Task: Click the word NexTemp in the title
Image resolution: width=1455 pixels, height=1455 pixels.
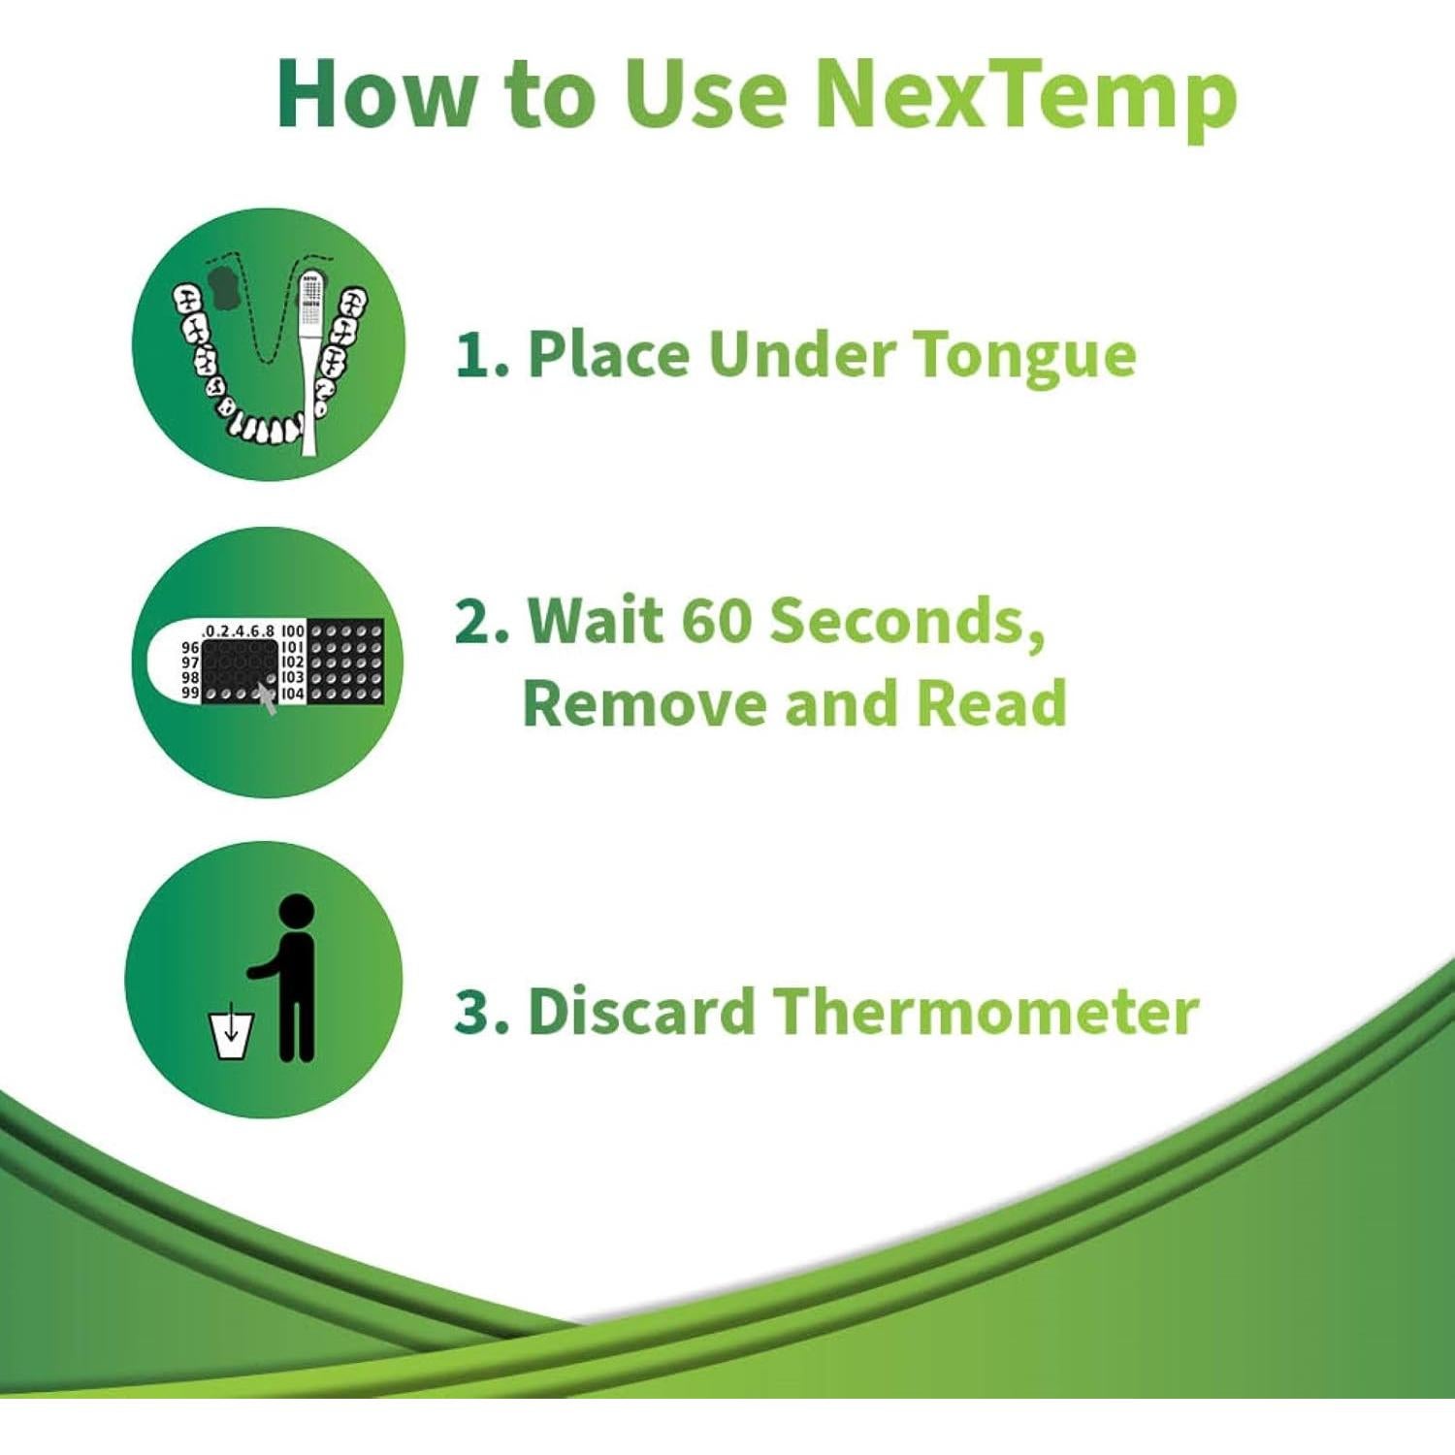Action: pyautogui.click(x=1025, y=95)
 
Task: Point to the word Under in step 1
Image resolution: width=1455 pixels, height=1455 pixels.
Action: pyautogui.click(x=801, y=354)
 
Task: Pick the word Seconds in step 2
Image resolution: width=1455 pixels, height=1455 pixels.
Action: pyautogui.click(x=907, y=622)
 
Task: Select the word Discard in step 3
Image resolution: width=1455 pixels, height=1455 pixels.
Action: pyautogui.click(x=640, y=1011)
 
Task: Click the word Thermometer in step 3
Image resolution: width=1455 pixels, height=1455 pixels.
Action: pyautogui.click(x=986, y=1011)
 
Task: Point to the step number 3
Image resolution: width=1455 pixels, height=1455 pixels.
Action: pyautogui.click(x=479, y=1011)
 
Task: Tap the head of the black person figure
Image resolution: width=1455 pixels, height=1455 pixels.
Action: pyautogui.click(x=296, y=911)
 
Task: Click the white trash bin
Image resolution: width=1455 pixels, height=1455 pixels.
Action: pyautogui.click(x=232, y=1036)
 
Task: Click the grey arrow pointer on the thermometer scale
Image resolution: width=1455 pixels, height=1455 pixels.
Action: pyautogui.click(x=267, y=695)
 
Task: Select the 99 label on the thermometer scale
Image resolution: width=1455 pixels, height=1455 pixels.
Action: pyautogui.click(x=190, y=694)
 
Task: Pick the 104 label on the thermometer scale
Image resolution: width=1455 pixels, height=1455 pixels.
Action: pyautogui.click(x=292, y=695)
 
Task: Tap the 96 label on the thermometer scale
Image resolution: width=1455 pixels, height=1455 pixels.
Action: pyautogui.click(x=190, y=647)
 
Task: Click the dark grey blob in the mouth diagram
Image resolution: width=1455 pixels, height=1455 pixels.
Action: pyautogui.click(x=226, y=287)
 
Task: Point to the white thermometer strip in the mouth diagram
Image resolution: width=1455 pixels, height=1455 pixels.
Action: pyautogui.click(x=309, y=369)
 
